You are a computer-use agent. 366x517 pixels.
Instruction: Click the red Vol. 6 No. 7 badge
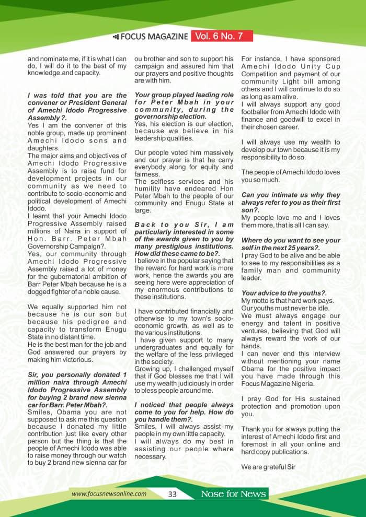point(222,36)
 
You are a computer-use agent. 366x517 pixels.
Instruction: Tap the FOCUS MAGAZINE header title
point(154,37)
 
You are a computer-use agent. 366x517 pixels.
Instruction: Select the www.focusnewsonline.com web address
point(109,494)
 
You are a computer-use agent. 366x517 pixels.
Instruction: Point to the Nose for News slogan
point(234,494)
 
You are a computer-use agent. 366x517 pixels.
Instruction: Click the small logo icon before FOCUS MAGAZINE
point(116,37)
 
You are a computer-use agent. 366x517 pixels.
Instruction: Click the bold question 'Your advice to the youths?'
point(284,293)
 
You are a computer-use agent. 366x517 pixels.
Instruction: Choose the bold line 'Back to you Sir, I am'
point(184,225)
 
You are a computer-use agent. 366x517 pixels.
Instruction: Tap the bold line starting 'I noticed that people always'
point(184,405)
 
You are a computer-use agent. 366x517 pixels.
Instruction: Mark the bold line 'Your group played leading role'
point(184,95)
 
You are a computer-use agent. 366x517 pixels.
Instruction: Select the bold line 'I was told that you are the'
point(77,96)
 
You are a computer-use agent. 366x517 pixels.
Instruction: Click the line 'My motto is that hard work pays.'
point(287,301)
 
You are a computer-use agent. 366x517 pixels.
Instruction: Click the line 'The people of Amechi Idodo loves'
point(291,172)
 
